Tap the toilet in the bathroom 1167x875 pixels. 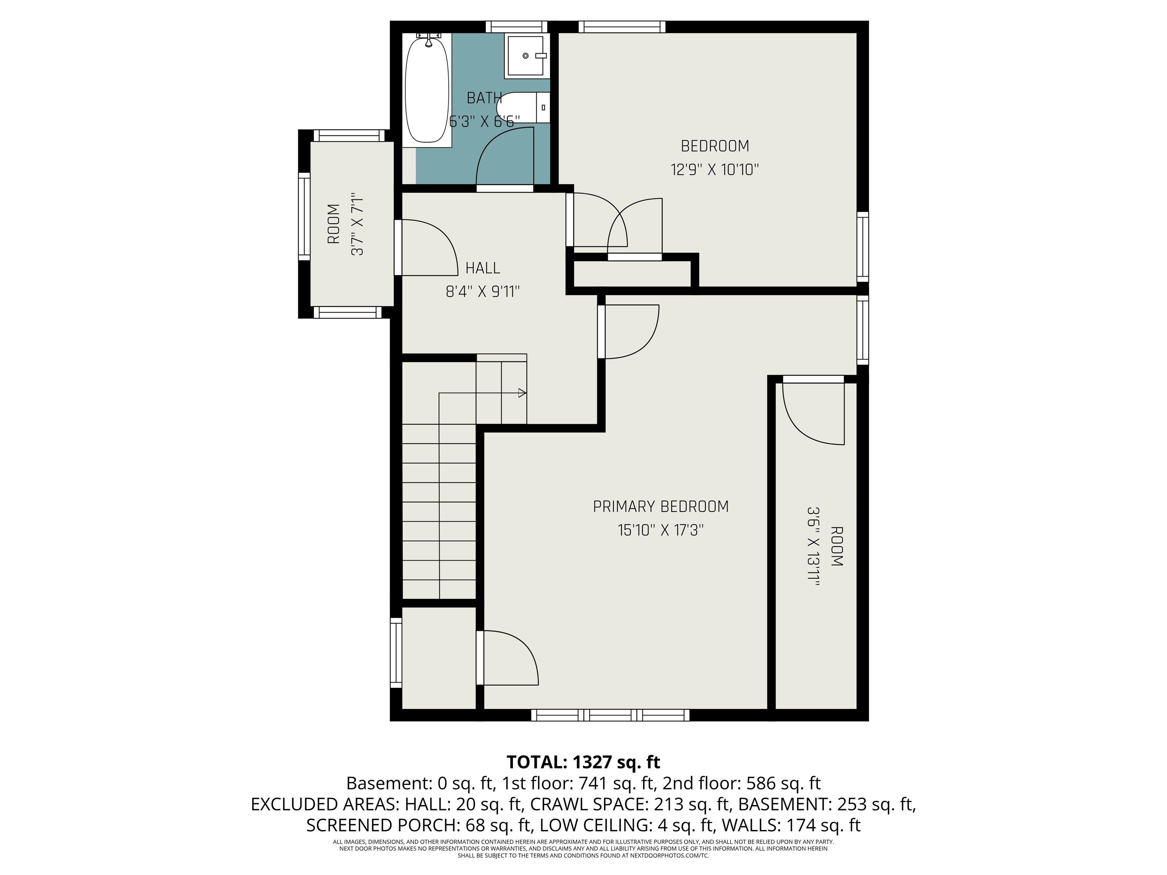coord(523,107)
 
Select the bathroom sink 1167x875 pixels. coord(527,55)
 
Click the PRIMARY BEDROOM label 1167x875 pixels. coord(661,506)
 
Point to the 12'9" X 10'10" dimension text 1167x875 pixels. coord(715,169)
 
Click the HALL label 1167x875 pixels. coord(483,268)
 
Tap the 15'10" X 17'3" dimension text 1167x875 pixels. coord(661,529)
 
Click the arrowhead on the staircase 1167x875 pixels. coord(522,393)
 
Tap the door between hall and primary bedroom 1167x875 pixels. coord(629,332)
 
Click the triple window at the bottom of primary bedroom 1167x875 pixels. coord(610,715)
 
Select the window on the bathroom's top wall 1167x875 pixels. coord(517,27)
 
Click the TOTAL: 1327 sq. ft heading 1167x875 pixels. coord(583,762)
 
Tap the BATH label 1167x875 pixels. coord(484,98)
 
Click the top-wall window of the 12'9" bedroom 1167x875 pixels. coord(622,27)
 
